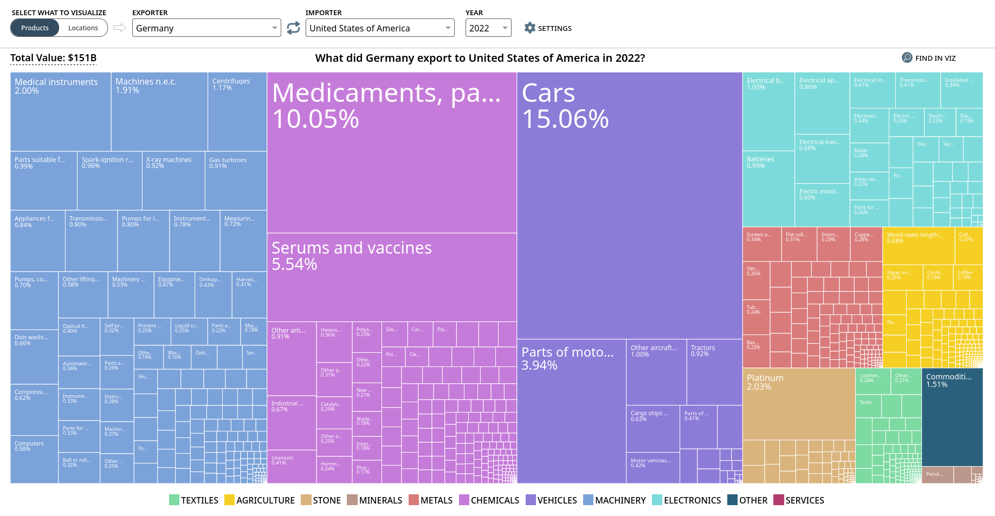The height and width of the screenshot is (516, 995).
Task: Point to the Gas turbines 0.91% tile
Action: point(236,182)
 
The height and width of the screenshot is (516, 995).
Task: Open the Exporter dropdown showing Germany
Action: point(206,28)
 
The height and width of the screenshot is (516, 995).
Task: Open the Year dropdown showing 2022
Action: point(488,28)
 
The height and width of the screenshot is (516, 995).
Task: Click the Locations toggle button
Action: point(83,28)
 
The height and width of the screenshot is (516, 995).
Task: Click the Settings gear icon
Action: point(529,28)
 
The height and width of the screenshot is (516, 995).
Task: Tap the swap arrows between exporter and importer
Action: point(293,28)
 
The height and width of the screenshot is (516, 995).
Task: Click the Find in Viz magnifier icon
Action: point(907,58)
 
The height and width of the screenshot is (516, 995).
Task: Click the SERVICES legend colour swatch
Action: point(779,500)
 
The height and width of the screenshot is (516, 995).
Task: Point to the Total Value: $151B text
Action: point(53,58)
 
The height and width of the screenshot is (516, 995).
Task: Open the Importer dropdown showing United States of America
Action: point(379,28)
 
